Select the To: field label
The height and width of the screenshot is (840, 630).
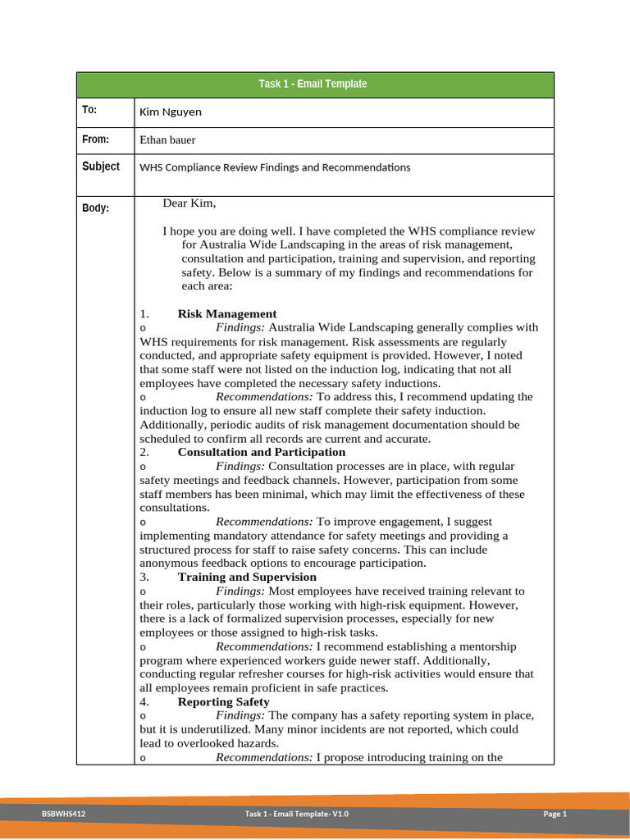click(x=89, y=111)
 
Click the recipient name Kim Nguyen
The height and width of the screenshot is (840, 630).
click(x=171, y=112)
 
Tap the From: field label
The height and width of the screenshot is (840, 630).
click(x=95, y=139)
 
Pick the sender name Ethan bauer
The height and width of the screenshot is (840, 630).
click(x=167, y=140)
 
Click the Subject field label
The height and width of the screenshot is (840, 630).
click(x=101, y=167)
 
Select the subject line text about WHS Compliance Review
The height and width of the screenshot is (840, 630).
click(x=275, y=167)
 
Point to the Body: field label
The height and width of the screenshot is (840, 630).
click(x=95, y=208)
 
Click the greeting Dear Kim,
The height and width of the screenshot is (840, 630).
click(x=189, y=203)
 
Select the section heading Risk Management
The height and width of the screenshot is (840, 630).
click(x=227, y=314)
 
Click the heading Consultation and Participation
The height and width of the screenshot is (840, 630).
click(x=261, y=453)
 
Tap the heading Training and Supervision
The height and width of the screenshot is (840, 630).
click(x=247, y=577)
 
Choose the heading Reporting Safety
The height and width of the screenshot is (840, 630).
click(x=223, y=702)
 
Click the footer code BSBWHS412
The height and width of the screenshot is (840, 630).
click(x=64, y=814)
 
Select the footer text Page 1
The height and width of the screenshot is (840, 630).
click(x=555, y=814)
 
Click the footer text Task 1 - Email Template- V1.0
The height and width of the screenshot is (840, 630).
click(x=297, y=814)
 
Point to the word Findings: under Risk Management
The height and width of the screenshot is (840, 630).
click(x=240, y=328)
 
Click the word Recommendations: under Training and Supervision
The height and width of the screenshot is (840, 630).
click(x=264, y=647)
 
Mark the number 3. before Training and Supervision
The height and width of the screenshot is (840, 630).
click(x=144, y=577)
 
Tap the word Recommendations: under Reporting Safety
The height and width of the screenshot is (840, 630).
click(x=264, y=758)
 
